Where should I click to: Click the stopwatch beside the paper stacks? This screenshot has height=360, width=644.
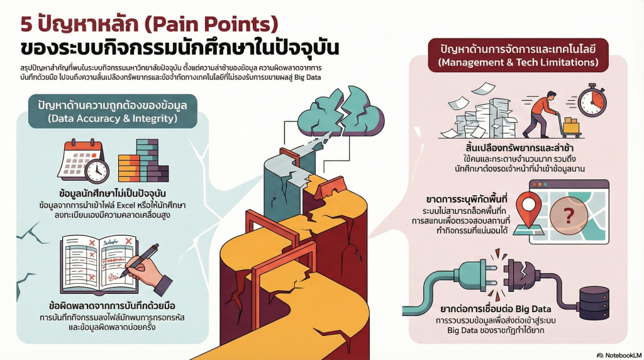[x=592, y=101]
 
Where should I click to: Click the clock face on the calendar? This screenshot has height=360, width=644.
[x=96, y=169]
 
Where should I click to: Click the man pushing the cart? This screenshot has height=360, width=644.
[x=542, y=112]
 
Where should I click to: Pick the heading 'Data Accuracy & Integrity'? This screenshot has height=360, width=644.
[x=113, y=118]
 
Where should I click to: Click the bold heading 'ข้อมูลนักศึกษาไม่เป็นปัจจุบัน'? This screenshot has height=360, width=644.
[x=113, y=192]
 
